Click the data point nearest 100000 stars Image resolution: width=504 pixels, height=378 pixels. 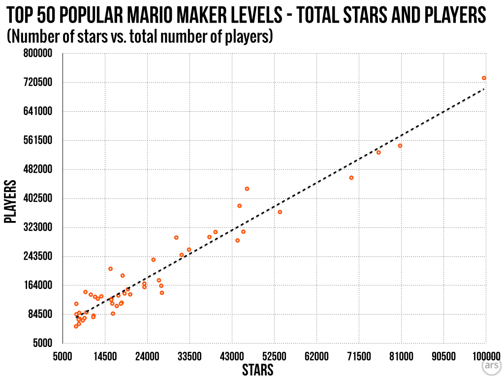point(484,78)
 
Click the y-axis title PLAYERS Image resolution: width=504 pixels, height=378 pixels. point(10,202)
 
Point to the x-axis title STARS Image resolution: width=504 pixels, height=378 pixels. point(257,370)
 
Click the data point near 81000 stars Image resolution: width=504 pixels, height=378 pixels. point(400,146)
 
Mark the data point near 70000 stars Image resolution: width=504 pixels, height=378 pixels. point(351,178)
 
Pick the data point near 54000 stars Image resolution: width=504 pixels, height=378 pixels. point(280,212)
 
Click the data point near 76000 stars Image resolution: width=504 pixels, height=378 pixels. point(378,153)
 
